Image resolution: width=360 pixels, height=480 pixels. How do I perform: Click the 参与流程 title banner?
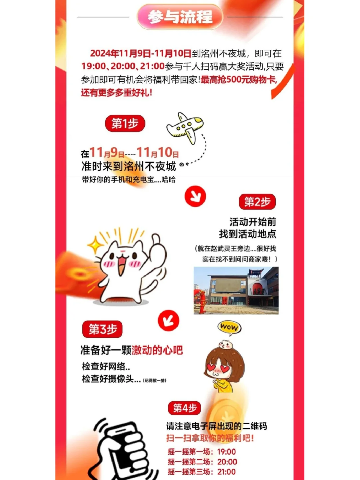180,17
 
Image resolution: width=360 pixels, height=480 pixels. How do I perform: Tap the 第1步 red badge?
125,123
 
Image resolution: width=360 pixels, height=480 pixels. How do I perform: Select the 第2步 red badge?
257,202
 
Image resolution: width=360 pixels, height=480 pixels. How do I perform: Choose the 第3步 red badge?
102,329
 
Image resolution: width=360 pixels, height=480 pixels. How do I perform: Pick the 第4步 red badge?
185,408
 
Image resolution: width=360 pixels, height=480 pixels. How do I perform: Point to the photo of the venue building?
236,290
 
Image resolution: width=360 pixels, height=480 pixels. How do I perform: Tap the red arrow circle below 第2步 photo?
169,321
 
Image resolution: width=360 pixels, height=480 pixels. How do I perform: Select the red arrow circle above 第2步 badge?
195,196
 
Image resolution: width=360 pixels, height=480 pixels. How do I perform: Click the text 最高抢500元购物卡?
239,80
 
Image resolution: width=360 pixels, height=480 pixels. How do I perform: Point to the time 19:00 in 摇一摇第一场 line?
226,452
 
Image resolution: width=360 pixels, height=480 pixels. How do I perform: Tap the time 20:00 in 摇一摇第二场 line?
227,462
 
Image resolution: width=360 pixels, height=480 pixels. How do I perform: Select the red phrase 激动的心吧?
157,350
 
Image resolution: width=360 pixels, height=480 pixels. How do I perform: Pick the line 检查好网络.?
106,366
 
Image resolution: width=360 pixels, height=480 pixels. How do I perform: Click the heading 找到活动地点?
247,234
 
